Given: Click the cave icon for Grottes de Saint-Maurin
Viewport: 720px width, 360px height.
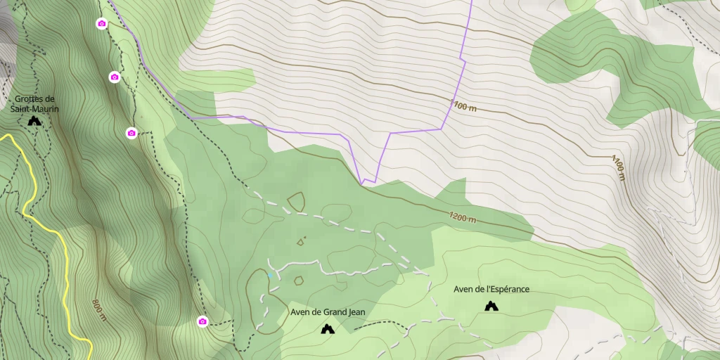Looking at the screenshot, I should pos(34,121).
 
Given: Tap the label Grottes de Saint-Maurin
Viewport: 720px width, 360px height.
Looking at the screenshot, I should pos(34,104).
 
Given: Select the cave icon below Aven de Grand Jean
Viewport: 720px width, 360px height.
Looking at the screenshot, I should pos(327,328).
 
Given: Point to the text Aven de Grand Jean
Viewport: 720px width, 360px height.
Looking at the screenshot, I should pos(328,312).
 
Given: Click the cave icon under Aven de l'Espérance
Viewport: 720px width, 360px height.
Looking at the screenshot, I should pos(491,306).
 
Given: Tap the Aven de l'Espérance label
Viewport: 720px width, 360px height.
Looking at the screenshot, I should pos(491,289).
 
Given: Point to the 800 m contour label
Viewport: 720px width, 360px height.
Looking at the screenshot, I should pos(98,310).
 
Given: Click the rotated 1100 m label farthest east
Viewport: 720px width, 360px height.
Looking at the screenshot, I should pos(618,167).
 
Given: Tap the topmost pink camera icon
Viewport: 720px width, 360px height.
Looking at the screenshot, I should pos(101,24).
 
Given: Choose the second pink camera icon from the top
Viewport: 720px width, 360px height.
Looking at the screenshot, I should pos(114,77).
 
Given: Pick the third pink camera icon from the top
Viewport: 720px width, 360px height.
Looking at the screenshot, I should pos(131,133).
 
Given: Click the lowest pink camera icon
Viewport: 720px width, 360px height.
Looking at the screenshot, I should pos(202,321).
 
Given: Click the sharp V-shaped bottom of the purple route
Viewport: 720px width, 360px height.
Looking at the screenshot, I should pos(363,184).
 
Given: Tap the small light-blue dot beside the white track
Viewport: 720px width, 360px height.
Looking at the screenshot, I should pos(269,276).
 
